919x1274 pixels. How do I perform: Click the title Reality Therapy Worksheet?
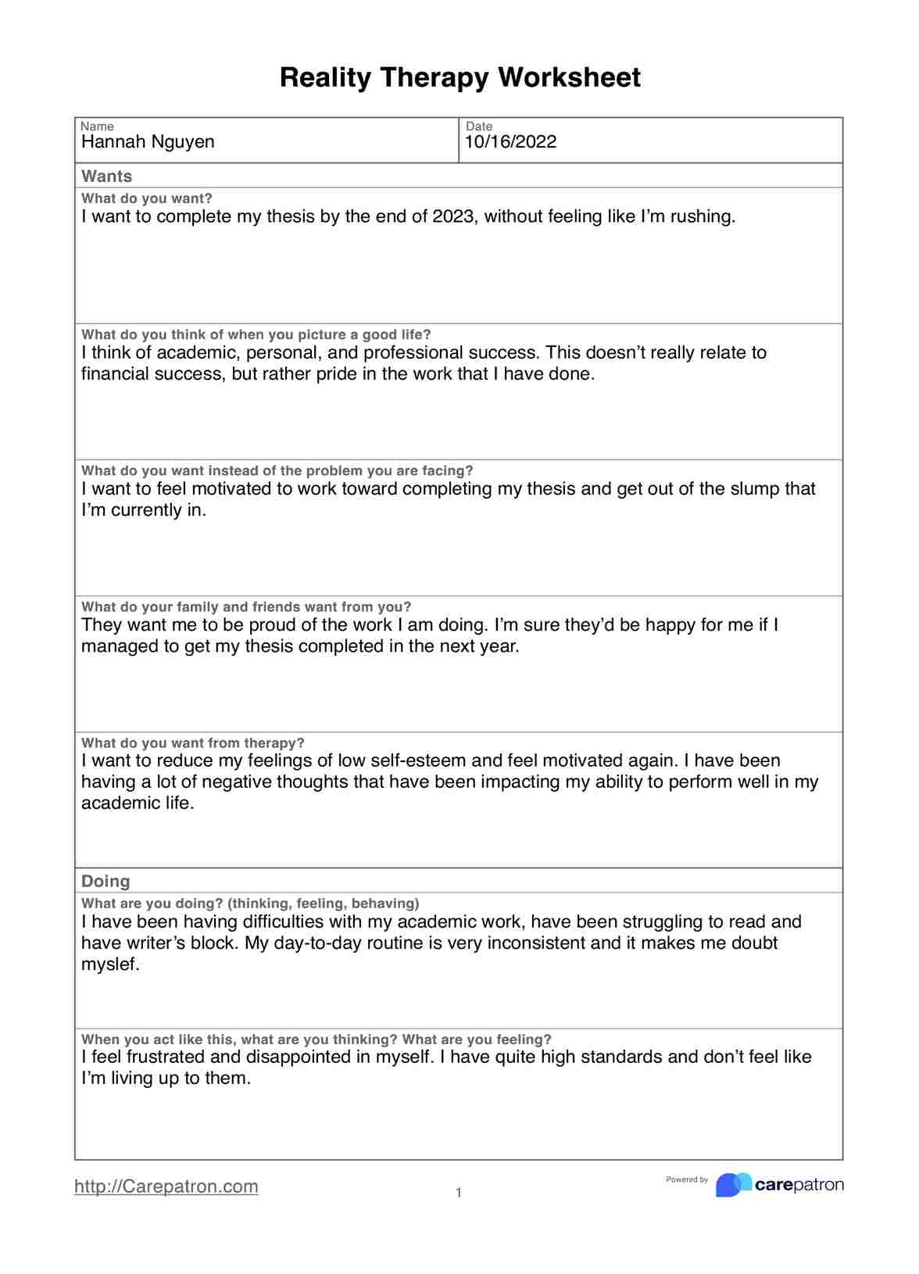point(459,77)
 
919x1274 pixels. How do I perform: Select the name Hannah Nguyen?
point(148,141)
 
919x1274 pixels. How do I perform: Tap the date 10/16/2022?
point(510,141)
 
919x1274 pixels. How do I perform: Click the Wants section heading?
point(107,176)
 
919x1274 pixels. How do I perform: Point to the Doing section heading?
point(105,881)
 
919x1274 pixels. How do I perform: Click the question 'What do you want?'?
point(147,199)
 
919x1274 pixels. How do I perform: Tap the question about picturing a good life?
point(256,335)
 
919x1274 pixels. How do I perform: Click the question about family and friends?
point(246,607)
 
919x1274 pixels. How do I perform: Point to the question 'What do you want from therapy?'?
point(193,743)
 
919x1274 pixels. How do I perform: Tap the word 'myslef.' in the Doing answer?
point(110,964)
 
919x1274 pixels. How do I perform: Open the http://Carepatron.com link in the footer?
point(166,1186)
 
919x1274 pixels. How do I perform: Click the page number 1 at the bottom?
point(459,1193)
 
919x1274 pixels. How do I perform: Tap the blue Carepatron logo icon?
point(733,1185)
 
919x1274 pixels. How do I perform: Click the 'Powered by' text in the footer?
point(686,1179)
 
